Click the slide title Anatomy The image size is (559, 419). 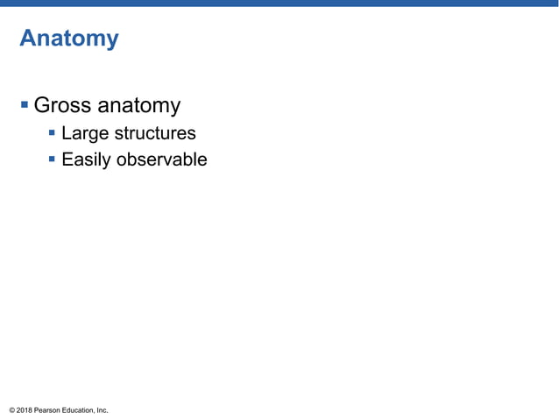pos(68,39)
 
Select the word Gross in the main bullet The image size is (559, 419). pos(61,106)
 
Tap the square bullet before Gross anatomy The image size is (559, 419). pos(25,106)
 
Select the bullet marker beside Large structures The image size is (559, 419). pos(53,134)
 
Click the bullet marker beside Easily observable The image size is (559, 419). pos(53,160)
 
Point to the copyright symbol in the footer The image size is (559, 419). pos(11,410)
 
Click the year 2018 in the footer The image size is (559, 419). pos(25,410)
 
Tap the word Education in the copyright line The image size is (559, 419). pos(79,410)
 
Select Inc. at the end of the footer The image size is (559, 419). pos(102,410)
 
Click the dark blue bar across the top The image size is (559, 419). pos(279,4)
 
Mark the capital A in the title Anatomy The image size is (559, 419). pos(27,39)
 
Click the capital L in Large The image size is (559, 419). pos(66,134)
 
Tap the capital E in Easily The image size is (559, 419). pos(67,160)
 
